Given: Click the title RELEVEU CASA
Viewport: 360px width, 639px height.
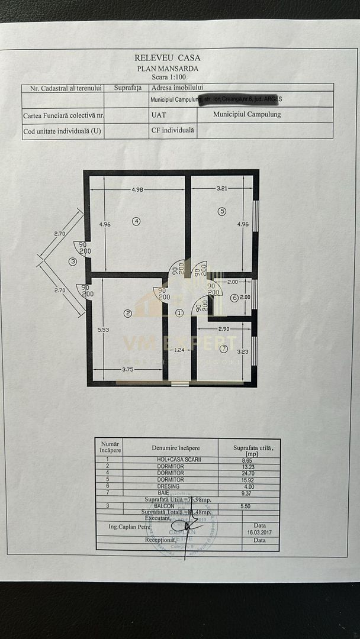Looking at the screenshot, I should click(168, 58).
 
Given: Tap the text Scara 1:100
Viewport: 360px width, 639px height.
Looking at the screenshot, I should click(168, 77).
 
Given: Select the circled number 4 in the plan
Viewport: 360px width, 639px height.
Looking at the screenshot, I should click(136, 221).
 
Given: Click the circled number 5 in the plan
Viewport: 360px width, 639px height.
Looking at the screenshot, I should click(222, 211).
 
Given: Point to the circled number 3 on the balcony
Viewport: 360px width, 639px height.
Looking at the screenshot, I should click(73, 261).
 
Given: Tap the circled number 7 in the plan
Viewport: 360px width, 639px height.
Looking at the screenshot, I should click(224, 347).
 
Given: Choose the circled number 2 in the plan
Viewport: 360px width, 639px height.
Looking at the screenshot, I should click(127, 312).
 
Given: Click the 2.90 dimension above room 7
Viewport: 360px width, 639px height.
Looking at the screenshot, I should click(223, 328).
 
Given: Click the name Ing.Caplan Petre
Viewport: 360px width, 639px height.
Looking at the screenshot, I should click(130, 526).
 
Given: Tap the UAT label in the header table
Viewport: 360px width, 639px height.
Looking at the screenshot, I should click(158, 115).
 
